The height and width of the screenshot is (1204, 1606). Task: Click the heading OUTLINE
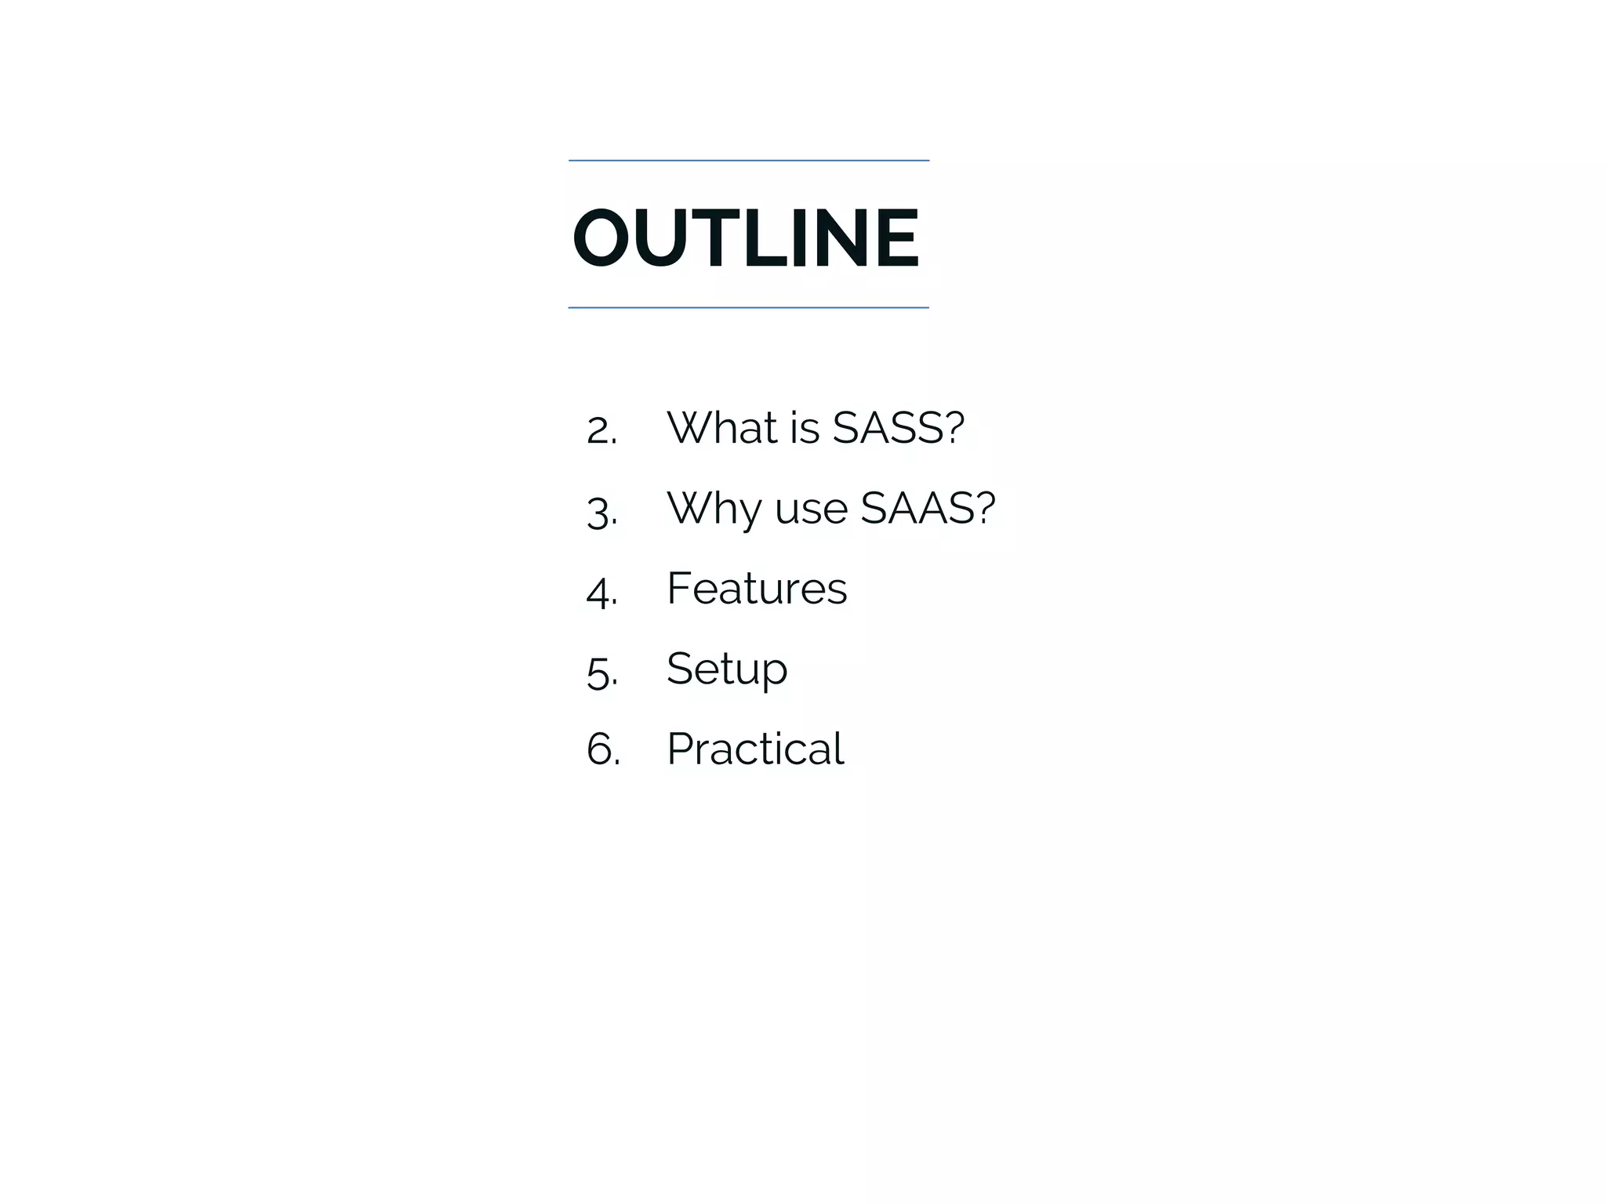745,238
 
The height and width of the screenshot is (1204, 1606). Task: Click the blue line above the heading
748,161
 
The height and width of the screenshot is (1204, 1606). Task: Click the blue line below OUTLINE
748,308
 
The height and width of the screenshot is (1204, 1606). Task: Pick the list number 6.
602,749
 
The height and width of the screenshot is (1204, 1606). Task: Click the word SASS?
898,428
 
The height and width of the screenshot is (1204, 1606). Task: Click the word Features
757,588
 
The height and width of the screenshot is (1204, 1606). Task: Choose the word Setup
727,669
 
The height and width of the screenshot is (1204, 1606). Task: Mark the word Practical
755,749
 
